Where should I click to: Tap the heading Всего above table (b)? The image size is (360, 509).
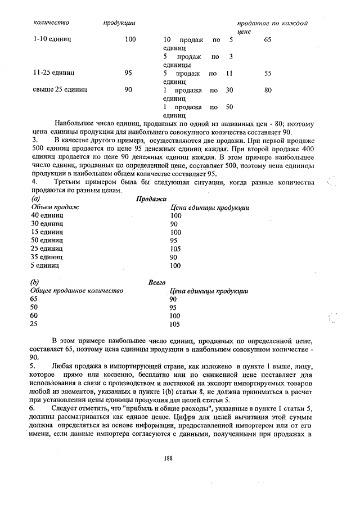(156, 282)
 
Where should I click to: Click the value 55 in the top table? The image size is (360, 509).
(268, 73)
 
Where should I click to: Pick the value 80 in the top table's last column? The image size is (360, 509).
(268, 89)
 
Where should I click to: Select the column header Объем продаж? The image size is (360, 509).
(55, 208)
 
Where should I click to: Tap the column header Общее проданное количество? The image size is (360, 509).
(76, 291)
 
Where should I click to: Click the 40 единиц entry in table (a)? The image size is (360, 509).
(48, 215)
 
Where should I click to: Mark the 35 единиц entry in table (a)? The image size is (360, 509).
(48, 257)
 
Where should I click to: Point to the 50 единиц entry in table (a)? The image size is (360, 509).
(48, 240)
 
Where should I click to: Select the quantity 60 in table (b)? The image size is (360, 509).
(35, 316)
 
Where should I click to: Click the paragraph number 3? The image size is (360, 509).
(35, 138)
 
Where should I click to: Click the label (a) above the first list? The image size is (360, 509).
(36, 199)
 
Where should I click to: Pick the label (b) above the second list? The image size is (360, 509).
(36, 282)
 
